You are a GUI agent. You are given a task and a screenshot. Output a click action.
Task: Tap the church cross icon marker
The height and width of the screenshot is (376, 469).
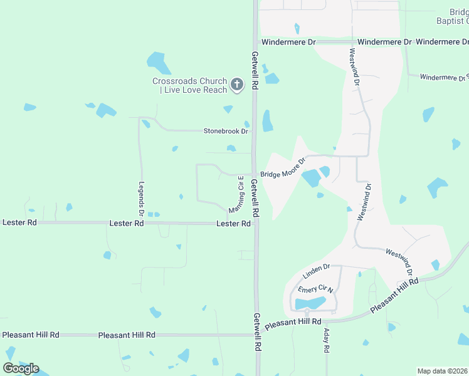(x=236, y=85)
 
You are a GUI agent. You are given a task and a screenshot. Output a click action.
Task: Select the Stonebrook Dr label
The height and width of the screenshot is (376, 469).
(x=226, y=131)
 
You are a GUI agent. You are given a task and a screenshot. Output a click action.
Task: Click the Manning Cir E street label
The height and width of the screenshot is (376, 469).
(x=236, y=194)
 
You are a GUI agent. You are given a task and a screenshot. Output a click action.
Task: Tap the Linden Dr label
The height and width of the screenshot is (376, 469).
(x=316, y=271)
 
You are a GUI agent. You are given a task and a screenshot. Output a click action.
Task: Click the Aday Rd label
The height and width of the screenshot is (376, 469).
(x=327, y=341)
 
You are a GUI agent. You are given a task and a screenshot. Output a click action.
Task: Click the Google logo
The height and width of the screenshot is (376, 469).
(x=21, y=368)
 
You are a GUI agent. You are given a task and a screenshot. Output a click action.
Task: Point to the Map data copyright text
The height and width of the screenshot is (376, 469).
(x=443, y=371)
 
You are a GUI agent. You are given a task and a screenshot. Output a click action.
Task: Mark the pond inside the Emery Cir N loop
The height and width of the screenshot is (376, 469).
(x=310, y=304)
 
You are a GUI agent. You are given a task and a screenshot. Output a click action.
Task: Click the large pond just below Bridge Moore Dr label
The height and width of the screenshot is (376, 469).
(x=311, y=179)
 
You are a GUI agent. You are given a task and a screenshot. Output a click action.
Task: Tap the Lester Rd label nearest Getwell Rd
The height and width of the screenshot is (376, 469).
(x=233, y=224)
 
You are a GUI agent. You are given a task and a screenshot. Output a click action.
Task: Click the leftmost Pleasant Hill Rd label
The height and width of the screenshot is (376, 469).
(x=30, y=335)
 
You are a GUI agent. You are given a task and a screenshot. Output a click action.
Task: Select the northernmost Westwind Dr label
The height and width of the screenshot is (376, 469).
(x=354, y=66)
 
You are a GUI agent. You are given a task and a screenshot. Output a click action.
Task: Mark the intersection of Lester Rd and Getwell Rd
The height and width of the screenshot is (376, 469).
(x=255, y=223)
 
